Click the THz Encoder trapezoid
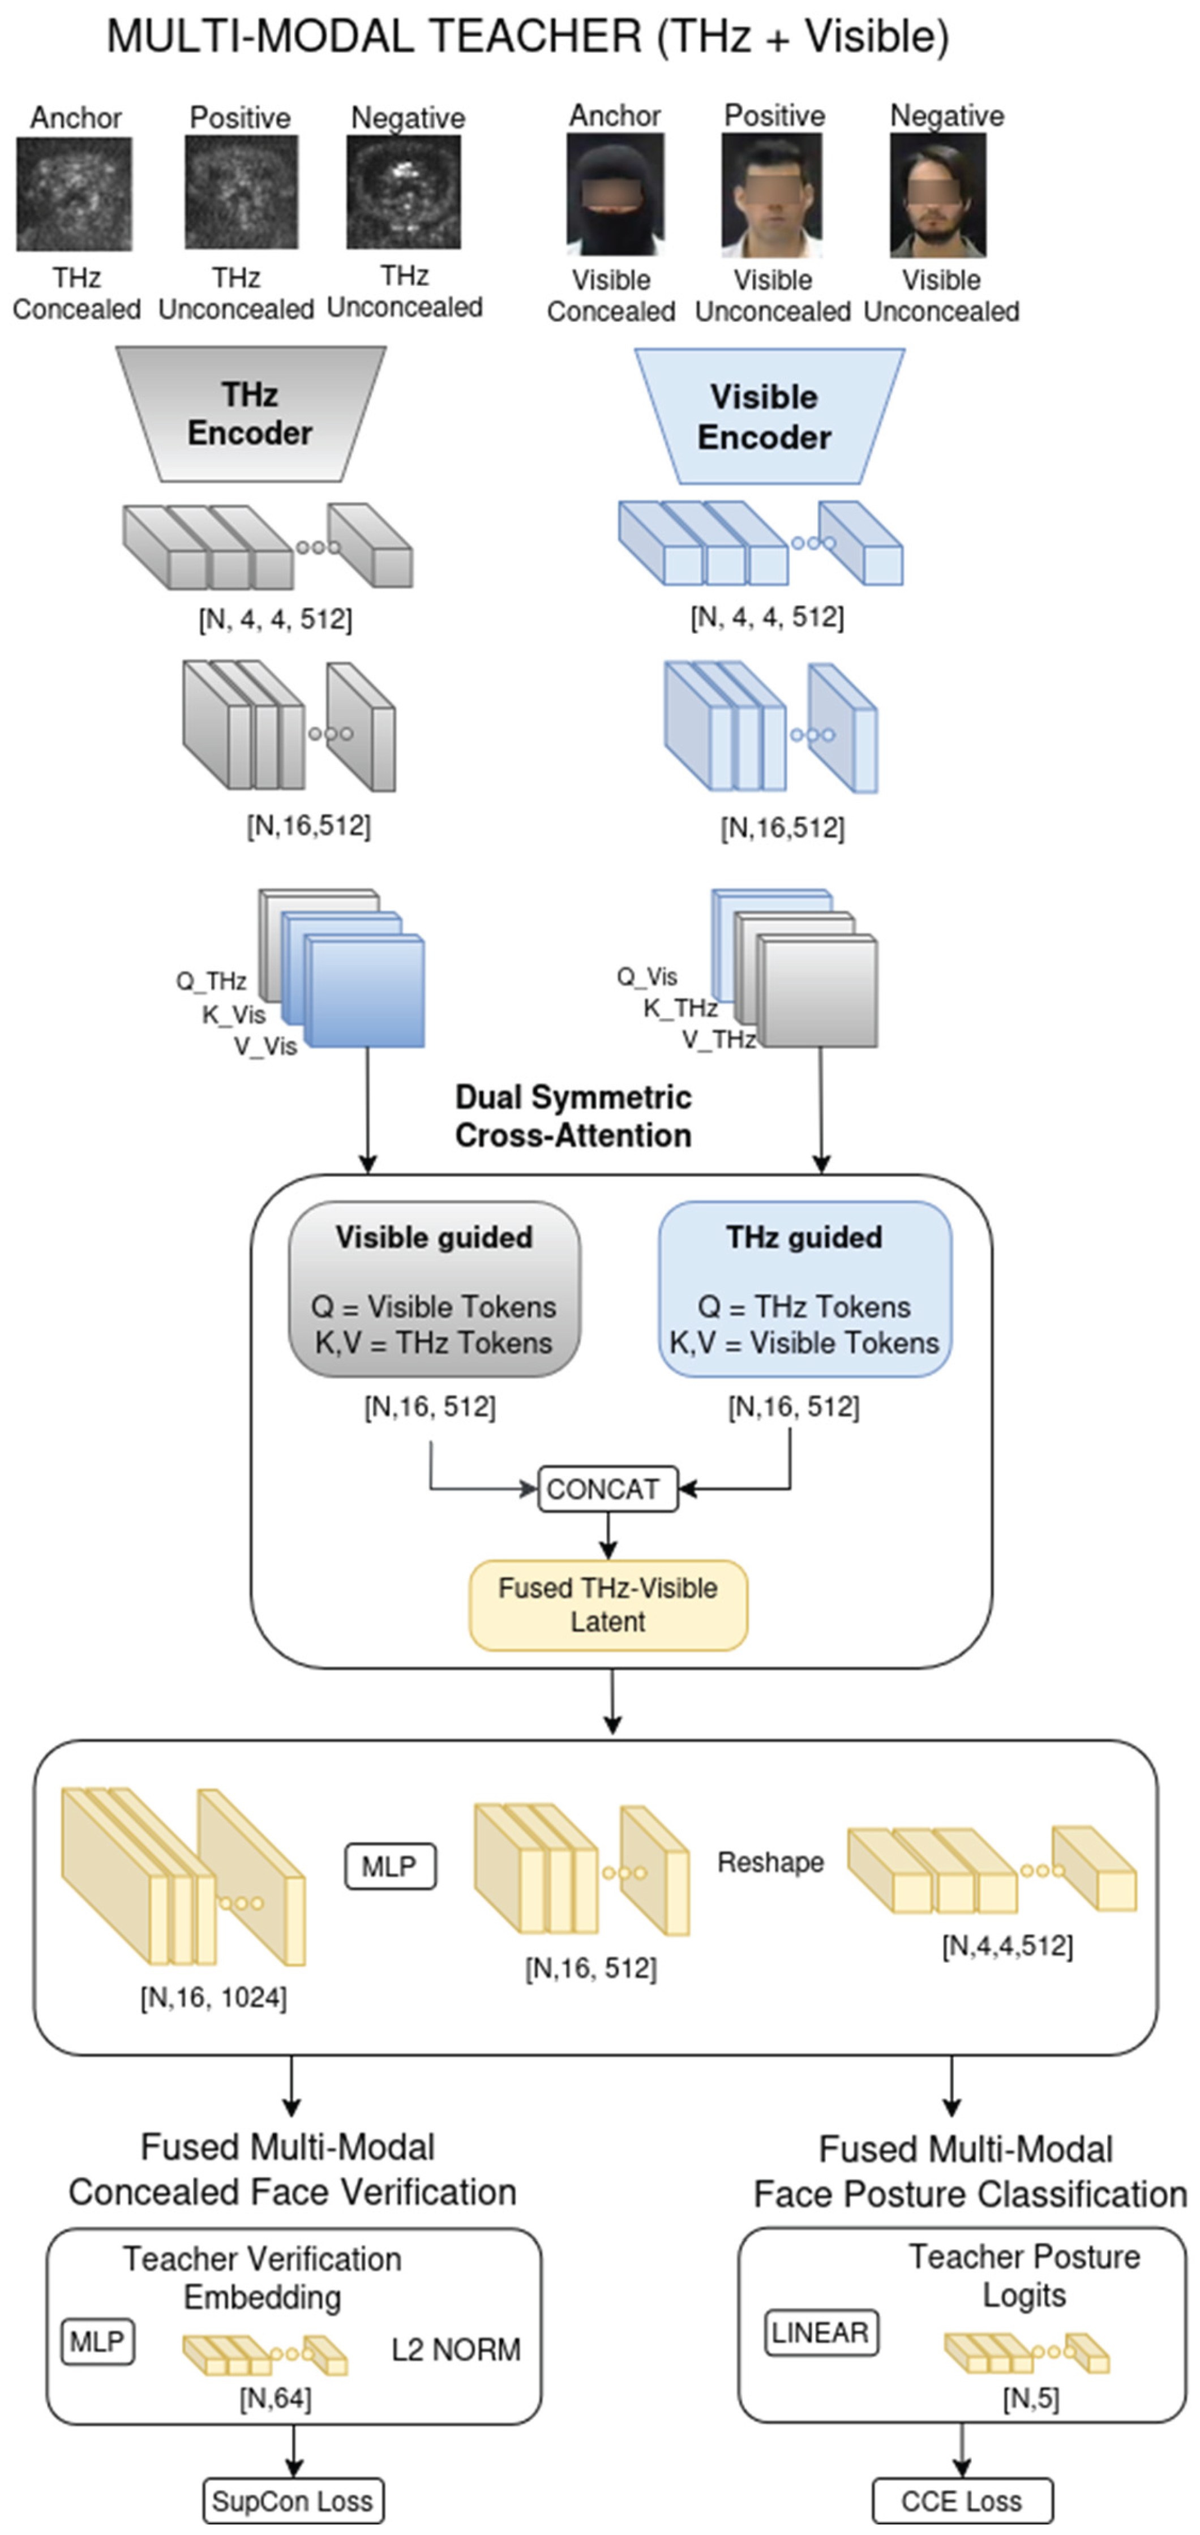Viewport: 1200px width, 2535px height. (x=250, y=414)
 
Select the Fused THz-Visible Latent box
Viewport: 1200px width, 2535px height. (x=607, y=1605)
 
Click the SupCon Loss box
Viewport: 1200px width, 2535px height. (x=293, y=2500)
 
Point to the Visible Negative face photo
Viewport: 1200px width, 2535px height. (x=938, y=195)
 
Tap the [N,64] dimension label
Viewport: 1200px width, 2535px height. (x=276, y=2398)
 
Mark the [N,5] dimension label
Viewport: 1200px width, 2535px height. (x=1031, y=2398)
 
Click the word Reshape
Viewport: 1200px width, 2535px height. (x=770, y=1862)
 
